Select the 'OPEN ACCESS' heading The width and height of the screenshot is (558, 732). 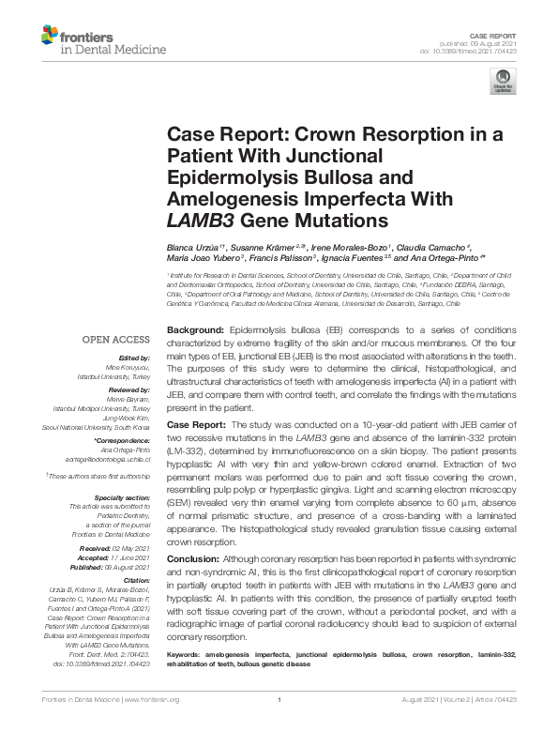tap(114, 339)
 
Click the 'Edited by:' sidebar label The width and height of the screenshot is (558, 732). tap(133, 358)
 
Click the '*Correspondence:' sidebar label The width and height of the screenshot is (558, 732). tap(122, 441)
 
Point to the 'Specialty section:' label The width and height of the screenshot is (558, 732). tap(123, 498)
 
